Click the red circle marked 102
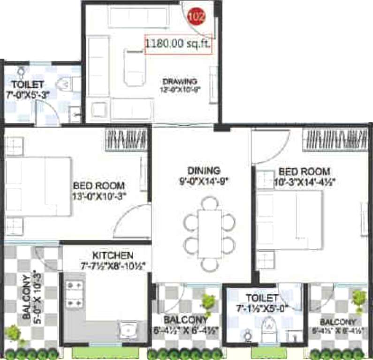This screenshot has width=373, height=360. (x=196, y=17)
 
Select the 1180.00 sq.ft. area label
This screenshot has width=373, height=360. (x=178, y=45)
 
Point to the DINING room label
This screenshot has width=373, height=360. (x=204, y=170)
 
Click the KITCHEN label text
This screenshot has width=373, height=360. (x=113, y=255)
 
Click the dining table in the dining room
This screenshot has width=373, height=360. (x=209, y=233)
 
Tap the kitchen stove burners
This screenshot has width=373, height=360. (x=74, y=293)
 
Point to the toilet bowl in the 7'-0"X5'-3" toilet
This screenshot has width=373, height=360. (x=63, y=85)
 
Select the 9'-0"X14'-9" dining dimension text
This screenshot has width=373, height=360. (x=204, y=180)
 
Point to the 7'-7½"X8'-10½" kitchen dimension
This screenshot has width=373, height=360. (x=113, y=266)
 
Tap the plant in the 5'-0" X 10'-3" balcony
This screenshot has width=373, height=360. (x=13, y=333)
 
